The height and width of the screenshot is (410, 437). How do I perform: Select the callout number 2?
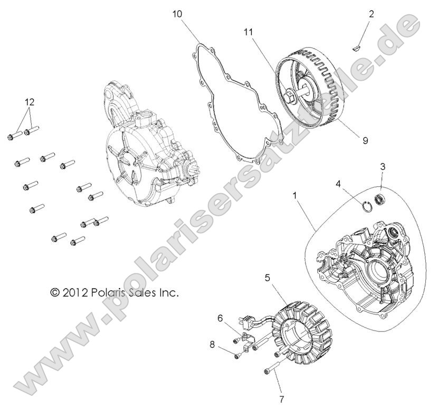pyautogui.click(x=372, y=14)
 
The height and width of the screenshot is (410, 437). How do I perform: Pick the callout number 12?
pyautogui.click(x=30, y=101)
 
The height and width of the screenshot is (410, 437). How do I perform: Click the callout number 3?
pyautogui.click(x=383, y=167)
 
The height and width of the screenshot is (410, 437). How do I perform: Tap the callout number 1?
pyautogui.click(x=294, y=196)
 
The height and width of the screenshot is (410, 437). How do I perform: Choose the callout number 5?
pyautogui.click(x=268, y=276)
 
